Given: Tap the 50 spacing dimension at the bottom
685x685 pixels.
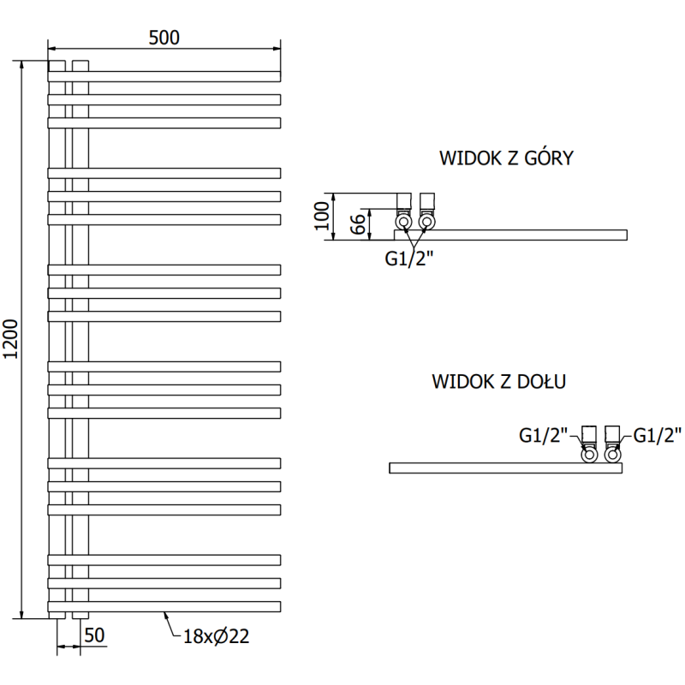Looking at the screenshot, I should tap(94, 634).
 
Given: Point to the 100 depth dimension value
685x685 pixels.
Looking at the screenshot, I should tap(322, 216).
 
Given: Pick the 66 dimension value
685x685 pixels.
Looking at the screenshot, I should tap(359, 224).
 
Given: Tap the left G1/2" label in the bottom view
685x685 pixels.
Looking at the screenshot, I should tap(544, 436).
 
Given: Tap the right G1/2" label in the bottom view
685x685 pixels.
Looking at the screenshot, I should tap(657, 436).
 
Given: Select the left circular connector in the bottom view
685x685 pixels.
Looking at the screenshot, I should tap(590, 455).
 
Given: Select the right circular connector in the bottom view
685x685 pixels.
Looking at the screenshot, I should tap(613, 455).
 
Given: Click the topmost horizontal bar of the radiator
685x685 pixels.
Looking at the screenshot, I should tap(164, 76).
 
